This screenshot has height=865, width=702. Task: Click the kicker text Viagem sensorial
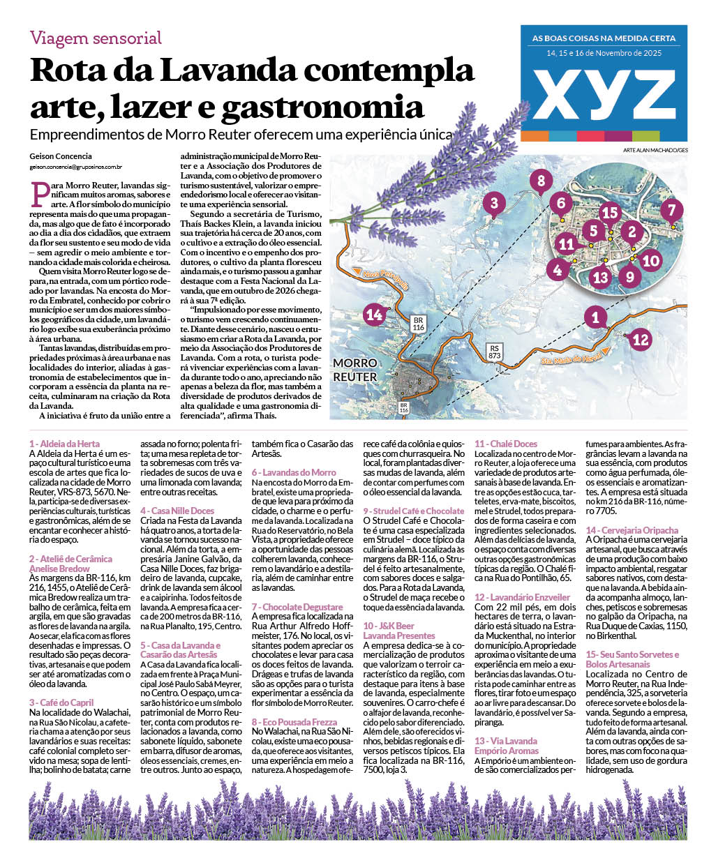pyautogui.click(x=96, y=38)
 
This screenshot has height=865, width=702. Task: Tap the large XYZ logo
pyautogui.click(x=604, y=94)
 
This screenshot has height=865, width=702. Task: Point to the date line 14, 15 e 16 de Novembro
pyautogui.click(x=604, y=53)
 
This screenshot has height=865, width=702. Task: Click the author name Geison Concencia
pyautogui.click(x=61, y=156)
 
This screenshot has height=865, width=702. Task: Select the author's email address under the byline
pyautogui.click(x=76, y=167)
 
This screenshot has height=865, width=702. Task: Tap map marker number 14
pyautogui.click(x=375, y=315)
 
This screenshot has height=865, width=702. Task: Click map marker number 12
pyautogui.click(x=640, y=340)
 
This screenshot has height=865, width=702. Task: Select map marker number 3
pyautogui.click(x=494, y=204)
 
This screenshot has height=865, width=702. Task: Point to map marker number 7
pyautogui.click(x=671, y=210)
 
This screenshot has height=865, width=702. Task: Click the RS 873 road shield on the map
pyautogui.click(x=495, y=351)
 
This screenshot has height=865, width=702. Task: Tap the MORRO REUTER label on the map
pyautogui.click(x=354, y=370)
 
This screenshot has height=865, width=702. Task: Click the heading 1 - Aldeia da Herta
pyautogui.click(x=64, y=444)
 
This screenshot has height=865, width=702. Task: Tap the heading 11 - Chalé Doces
pyautogui.click(x=506, y=444)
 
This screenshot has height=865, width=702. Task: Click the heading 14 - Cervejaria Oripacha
pyautogui.click(x=632, y=530)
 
